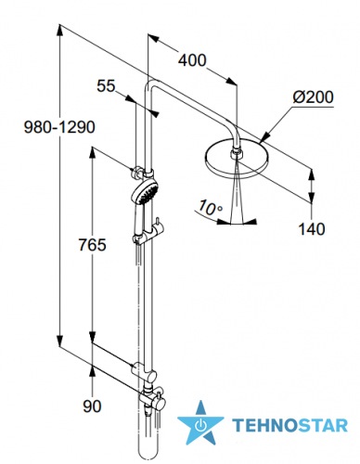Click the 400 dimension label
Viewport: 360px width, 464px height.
(x=192, y=60)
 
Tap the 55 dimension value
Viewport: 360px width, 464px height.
(x=106, y=85)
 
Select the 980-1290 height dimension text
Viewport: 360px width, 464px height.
(x=59, y=127)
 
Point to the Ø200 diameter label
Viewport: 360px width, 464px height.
(x=314, y=97)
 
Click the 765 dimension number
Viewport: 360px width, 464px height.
(x=92, y=245)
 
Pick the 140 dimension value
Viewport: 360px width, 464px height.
(x=312, y=229)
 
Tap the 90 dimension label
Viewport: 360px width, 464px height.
(x=92, y=406)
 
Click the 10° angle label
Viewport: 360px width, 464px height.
(x=210, y=208)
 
